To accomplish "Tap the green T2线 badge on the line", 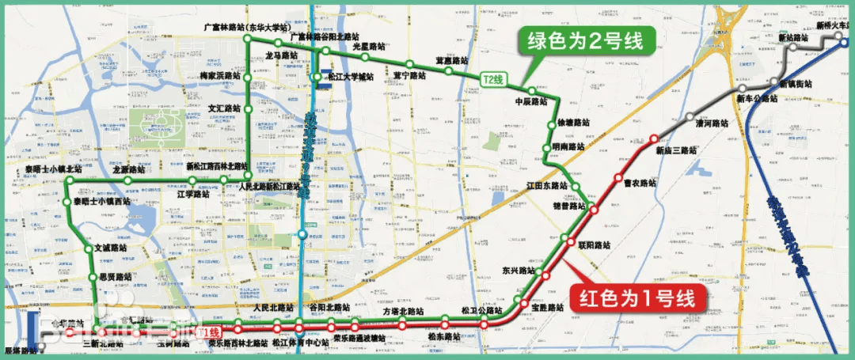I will point(493,78).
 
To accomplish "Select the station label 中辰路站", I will point(531,101).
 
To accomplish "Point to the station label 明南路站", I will point(568,146).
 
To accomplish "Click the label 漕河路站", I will point(711,123).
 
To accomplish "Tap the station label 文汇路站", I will point(224,108).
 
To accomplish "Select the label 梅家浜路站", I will point(219,75).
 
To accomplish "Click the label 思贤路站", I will point(116,277).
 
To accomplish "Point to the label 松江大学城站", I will point(350,77).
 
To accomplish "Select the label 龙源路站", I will point(129,169).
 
